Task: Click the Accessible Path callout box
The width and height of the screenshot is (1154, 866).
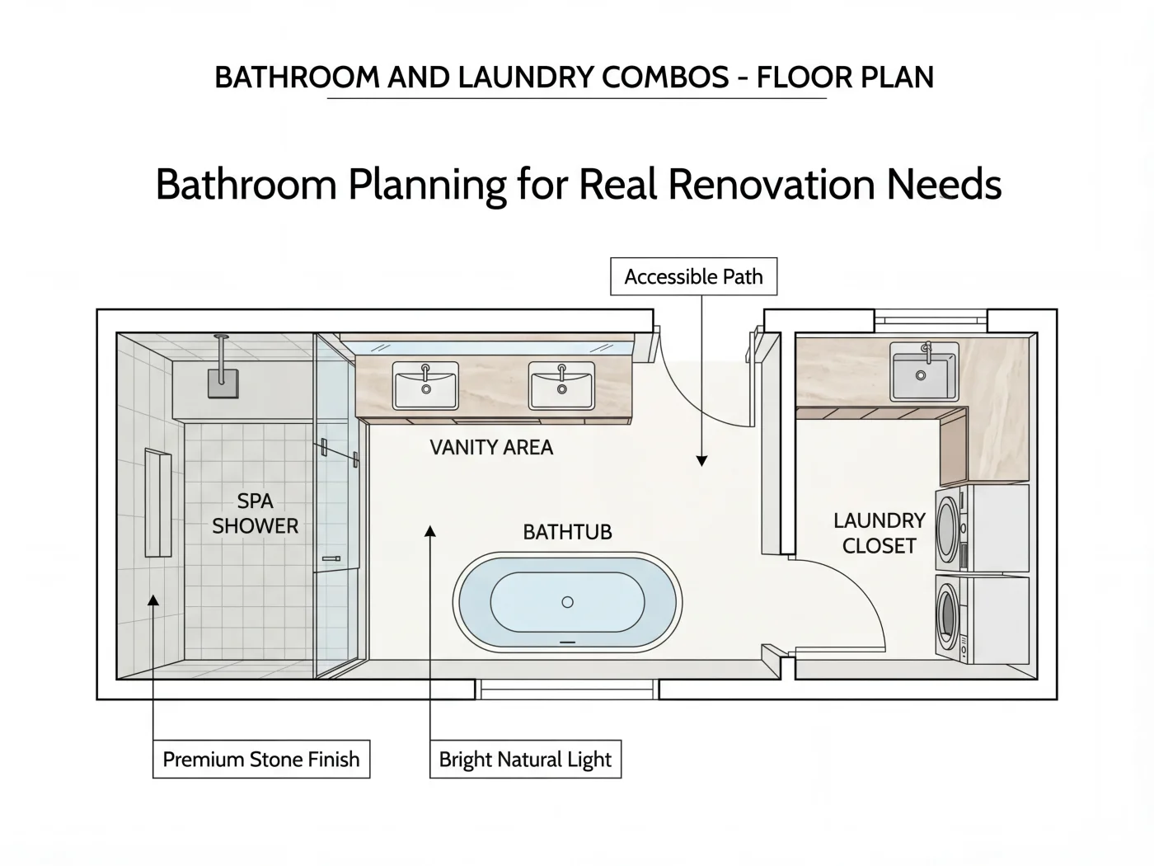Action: point(693,276)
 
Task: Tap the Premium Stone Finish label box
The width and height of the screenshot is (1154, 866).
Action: point(260,759)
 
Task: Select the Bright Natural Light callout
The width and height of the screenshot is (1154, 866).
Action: point(525,759)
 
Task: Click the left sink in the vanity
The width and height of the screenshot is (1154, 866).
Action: point(425,385)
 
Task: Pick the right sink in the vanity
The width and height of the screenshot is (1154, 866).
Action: point(561,385)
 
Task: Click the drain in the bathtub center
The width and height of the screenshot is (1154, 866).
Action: point(567,602)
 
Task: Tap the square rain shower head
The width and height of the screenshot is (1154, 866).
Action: point(223,384)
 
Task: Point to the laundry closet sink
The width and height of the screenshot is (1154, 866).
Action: point(924,370)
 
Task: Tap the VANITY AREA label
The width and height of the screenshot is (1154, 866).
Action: point(491,448)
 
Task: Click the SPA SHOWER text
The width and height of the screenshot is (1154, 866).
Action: point(255,513)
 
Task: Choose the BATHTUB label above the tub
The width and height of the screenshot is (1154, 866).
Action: point(567,532)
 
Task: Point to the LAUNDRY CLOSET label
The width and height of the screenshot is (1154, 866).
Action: point(879,533)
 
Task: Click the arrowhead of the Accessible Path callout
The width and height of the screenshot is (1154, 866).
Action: point(701,460)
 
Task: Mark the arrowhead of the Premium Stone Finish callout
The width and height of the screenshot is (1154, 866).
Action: point(153,600)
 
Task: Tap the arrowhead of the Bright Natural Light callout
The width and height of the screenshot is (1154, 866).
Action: point(430,531)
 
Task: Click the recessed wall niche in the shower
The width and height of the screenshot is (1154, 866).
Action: point(157,502)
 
